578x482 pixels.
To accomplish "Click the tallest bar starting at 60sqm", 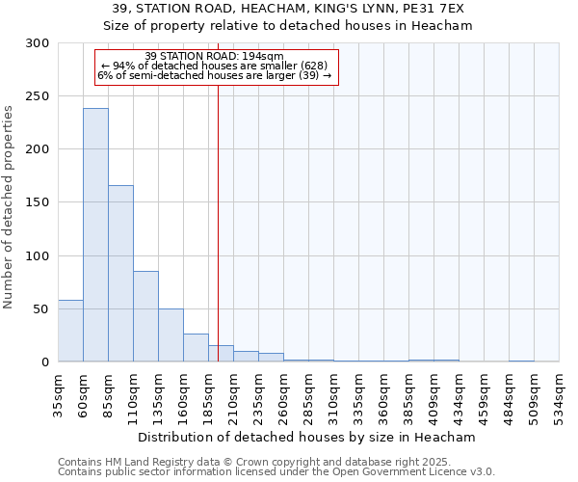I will click(x=95, y=234).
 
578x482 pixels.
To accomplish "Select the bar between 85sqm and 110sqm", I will click(x=120, y=273).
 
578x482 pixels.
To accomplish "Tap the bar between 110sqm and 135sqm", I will click(x=145, y=316).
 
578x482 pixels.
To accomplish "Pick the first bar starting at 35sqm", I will click(x=70, y=331).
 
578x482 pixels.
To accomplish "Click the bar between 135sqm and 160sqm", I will click(x=171, y=335).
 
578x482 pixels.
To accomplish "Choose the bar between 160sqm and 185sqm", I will click(x=196, y=347).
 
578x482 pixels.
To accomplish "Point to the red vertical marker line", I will click(x=219, y=212).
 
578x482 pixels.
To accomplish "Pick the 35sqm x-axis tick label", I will click(x=59, y=394).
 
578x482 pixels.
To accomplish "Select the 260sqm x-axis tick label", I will click(x=284, y=394).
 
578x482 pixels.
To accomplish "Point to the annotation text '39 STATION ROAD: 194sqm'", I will click(x=214, y=56).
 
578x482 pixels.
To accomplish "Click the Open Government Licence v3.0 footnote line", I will click(x=276, y=472).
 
